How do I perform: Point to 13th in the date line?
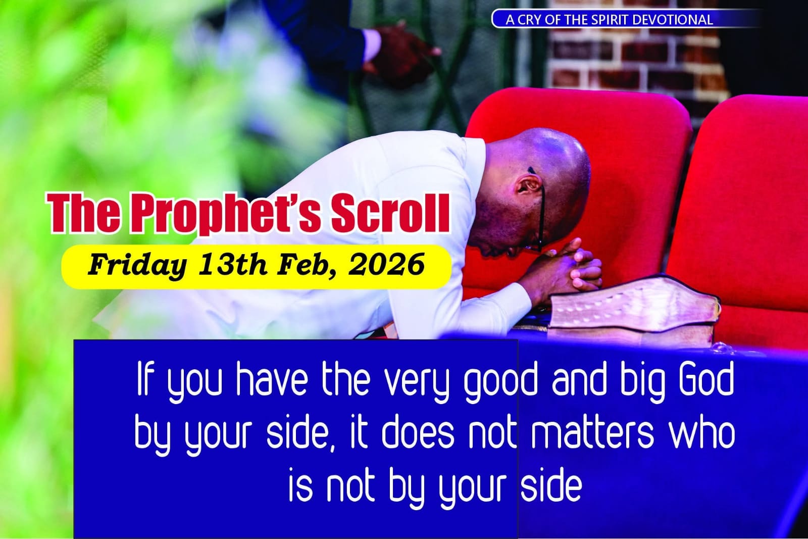click(233, 265)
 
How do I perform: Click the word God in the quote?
click(706, 379)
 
